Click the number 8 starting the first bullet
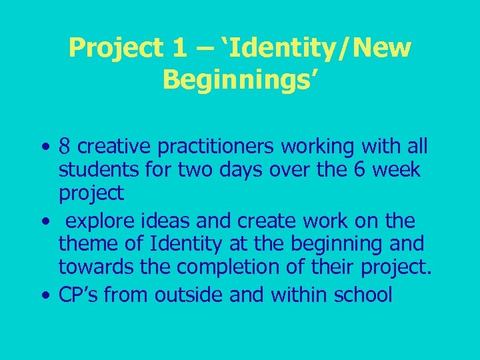click(x=65, y=146)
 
